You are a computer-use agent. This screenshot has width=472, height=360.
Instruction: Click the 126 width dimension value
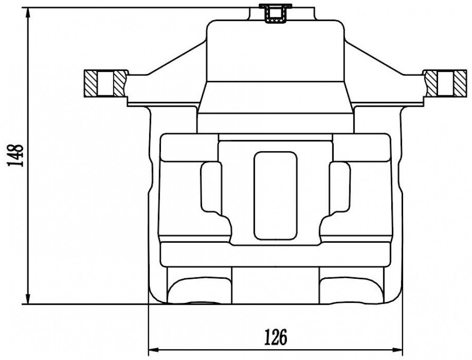[276, 337]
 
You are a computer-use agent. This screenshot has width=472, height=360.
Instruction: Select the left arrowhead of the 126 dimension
[154, 350]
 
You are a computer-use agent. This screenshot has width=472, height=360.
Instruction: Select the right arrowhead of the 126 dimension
[397, 350]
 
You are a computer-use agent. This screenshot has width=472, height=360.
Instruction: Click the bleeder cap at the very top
[276, 13]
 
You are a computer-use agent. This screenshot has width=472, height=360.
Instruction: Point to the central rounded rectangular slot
[276, 196]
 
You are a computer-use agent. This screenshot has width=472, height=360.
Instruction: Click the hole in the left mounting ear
[106, 84]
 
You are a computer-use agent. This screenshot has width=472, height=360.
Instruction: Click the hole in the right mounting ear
[446, 84]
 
